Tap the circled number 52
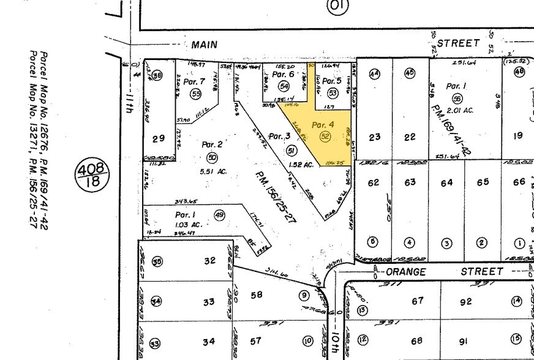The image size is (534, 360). (325, 137)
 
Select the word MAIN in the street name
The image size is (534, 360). (206, 45)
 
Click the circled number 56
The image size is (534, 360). (457, 98)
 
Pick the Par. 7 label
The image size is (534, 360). (194, 81)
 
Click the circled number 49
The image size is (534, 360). (220, 214)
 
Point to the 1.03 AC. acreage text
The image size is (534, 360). (189, 226)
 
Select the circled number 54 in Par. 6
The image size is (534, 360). (284, 86)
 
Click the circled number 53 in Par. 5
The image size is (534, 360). (333, 93)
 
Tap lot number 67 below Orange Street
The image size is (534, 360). (418, 301)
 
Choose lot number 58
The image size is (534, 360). (256, 295)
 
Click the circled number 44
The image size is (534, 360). (374, 74)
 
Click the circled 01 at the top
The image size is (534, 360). (338, 7)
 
